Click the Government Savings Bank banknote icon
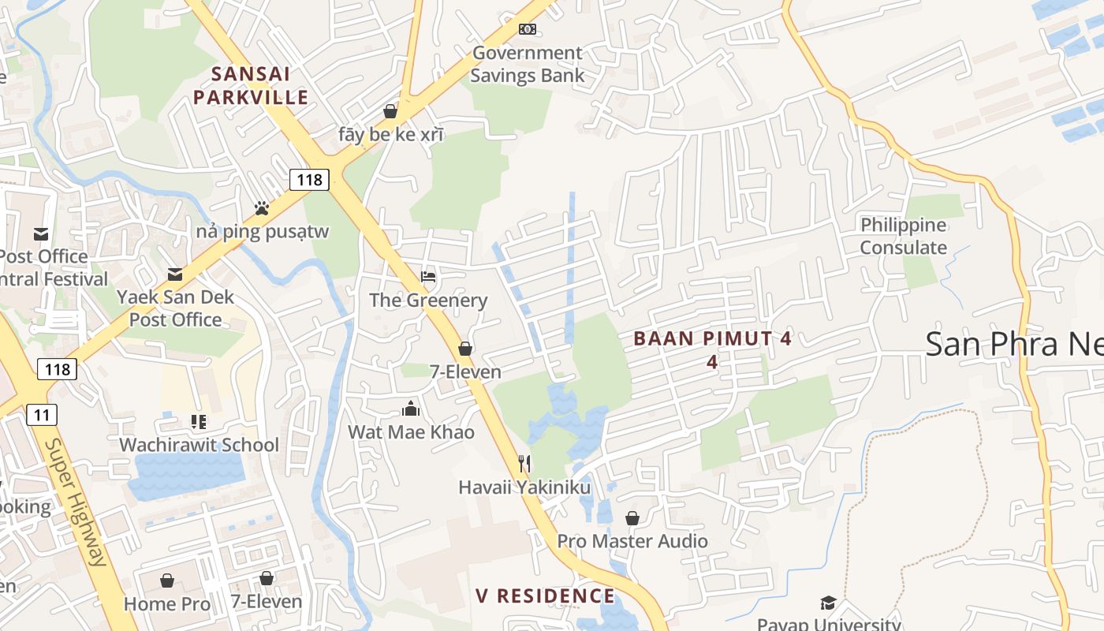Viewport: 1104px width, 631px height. pos(528,29)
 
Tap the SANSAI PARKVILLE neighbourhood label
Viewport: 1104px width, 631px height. pos(251,86)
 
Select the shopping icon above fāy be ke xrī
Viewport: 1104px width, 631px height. pos(390,111)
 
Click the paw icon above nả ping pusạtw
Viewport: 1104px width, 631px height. pos(262,208)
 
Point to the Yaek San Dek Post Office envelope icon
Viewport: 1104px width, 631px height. pos(175,274)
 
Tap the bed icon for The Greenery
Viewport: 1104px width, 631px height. pos(428,277)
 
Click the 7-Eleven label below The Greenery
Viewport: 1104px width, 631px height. pos(465,372)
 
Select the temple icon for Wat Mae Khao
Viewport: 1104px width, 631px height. pos(411,409)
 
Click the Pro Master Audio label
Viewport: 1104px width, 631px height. pos(632,541)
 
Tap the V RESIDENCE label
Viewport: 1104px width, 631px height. pos(545,596)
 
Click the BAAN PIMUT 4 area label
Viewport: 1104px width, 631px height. pos(712,339)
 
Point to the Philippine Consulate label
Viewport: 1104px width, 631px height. pos(903,237)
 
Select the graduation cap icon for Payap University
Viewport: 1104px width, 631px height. pos(828,603)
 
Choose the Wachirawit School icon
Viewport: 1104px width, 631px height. pos(198,422)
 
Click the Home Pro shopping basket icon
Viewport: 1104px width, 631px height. pos(167,581)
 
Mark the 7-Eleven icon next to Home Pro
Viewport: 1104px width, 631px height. pos(267,578)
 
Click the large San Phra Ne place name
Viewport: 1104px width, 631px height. pos(1014,344)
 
